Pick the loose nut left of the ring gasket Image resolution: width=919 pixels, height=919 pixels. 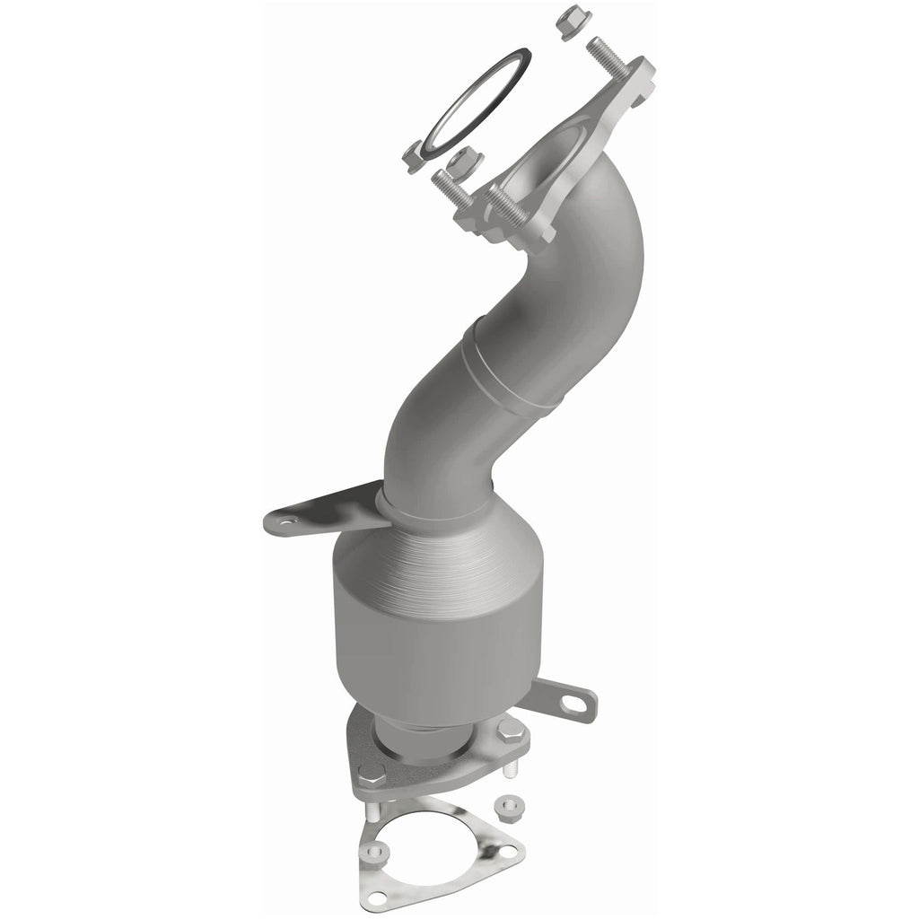coord(415,156)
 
